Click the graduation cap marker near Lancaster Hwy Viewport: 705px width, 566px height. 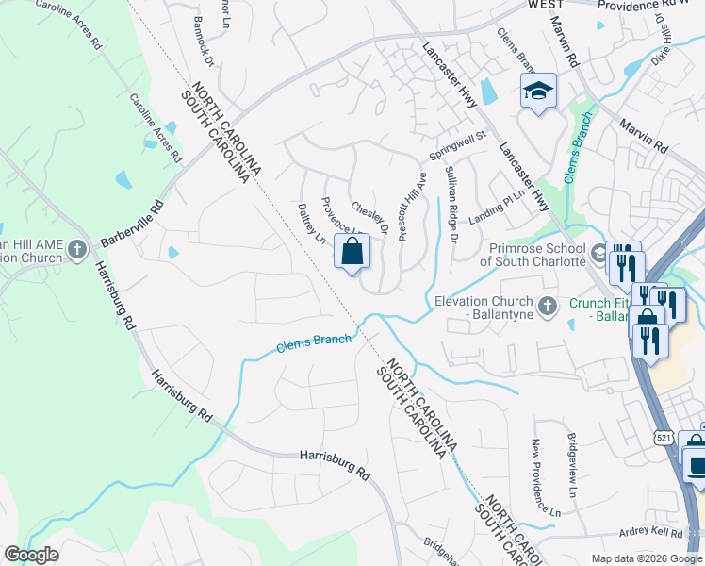coord(538,91)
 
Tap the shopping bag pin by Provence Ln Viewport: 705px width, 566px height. coord(352,252)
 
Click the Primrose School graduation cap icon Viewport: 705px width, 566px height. coord(599,255)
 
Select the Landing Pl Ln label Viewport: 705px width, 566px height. coord(495,205)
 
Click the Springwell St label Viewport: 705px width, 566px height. coord(456,144)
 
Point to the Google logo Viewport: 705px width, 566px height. coord(31,555)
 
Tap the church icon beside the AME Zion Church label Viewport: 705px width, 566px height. coord(76,250)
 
